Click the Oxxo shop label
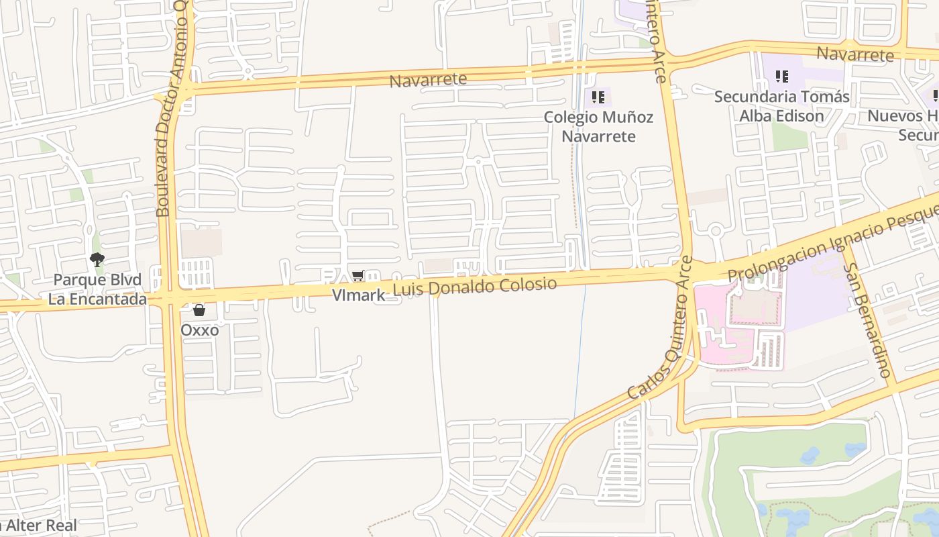(199, 330)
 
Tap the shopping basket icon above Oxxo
(199, 310)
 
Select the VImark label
(359, 295)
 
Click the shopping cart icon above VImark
(358, 276)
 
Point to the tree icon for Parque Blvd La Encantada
(97, 260)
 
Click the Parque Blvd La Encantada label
(97, 289)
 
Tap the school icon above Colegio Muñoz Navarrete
(598, 98)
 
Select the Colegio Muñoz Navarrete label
(598, 126)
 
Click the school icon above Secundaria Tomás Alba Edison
(781, 77)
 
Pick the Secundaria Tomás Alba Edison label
(781, 106)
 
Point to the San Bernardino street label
(869, 319)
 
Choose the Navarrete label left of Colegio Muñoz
(428, 80)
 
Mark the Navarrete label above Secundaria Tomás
(855, 54)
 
